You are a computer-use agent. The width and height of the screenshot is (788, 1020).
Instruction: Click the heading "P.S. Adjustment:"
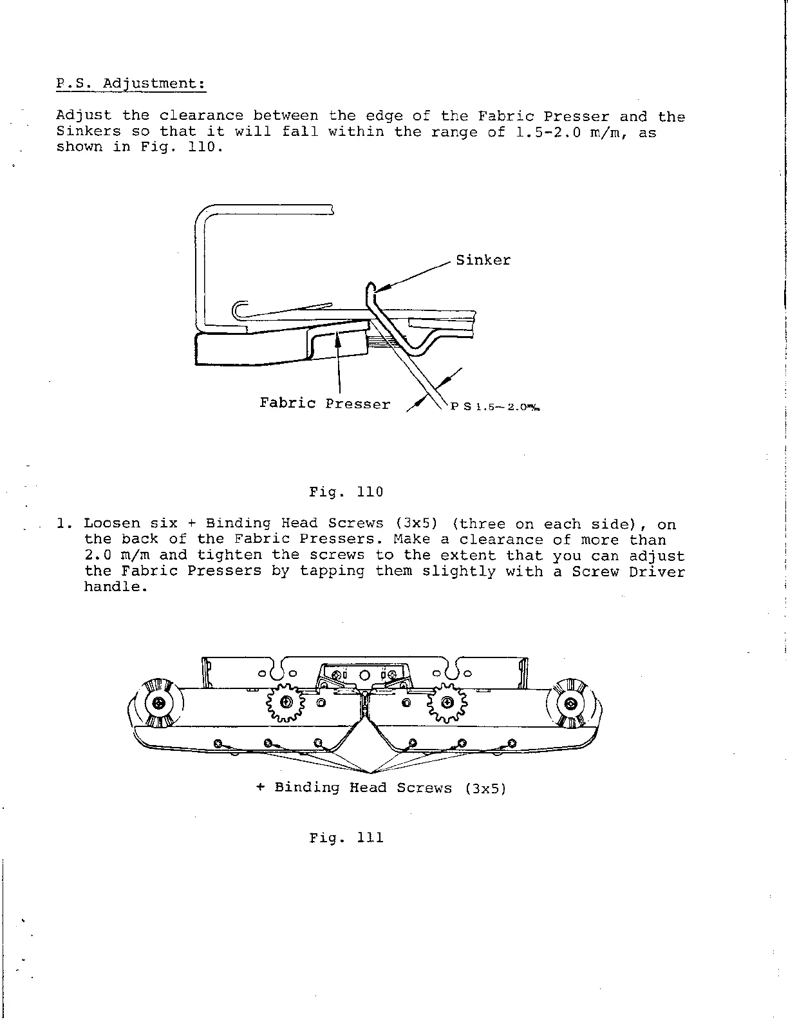pos(131,84)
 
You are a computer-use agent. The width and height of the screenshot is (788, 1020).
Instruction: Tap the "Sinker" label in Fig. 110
pos(483,260)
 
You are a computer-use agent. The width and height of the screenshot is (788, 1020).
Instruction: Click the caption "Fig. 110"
pos(346,493)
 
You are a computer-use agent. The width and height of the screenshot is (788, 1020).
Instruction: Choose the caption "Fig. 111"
pos(346,838)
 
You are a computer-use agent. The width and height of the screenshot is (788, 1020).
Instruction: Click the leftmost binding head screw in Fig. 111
pos(218,744)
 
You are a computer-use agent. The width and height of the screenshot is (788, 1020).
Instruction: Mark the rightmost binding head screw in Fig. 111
pos(512,744)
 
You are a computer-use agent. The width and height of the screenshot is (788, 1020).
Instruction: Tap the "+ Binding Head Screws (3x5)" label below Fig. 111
pos(381,788)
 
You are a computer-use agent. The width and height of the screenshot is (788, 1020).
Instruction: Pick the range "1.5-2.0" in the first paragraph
pos(538,132)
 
